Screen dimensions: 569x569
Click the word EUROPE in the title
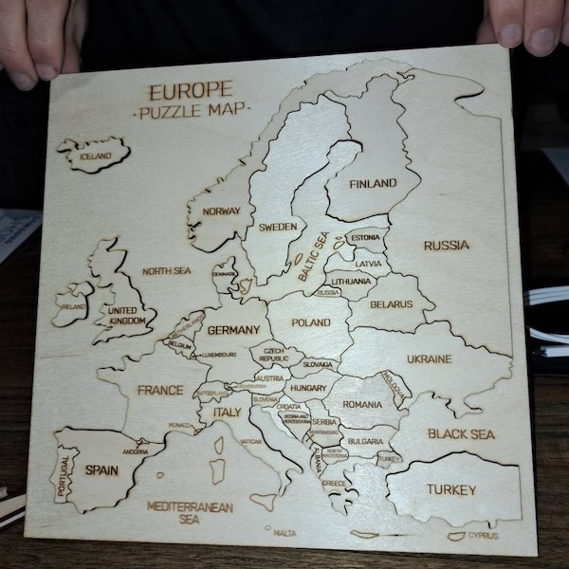[190, 91]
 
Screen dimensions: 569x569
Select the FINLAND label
[372, 183]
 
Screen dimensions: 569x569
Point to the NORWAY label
[222, 211]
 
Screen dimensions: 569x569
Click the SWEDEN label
[278, 228]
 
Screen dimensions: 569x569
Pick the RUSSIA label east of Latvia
[446, 245]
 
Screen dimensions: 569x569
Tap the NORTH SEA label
[166, 271]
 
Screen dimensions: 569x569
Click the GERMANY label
[232, 330]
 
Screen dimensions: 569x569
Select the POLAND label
[311, 322]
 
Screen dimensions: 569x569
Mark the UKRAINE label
[429, 359]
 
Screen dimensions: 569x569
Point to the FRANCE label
[159, 390]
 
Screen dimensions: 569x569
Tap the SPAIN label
[101, 468]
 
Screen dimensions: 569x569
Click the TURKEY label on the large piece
[450, 489]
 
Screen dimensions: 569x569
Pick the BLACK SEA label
[461, 434]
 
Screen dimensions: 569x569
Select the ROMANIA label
[361, 404]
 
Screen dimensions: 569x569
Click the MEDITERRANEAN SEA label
[190, 513]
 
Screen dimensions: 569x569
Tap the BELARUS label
[392, 304]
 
